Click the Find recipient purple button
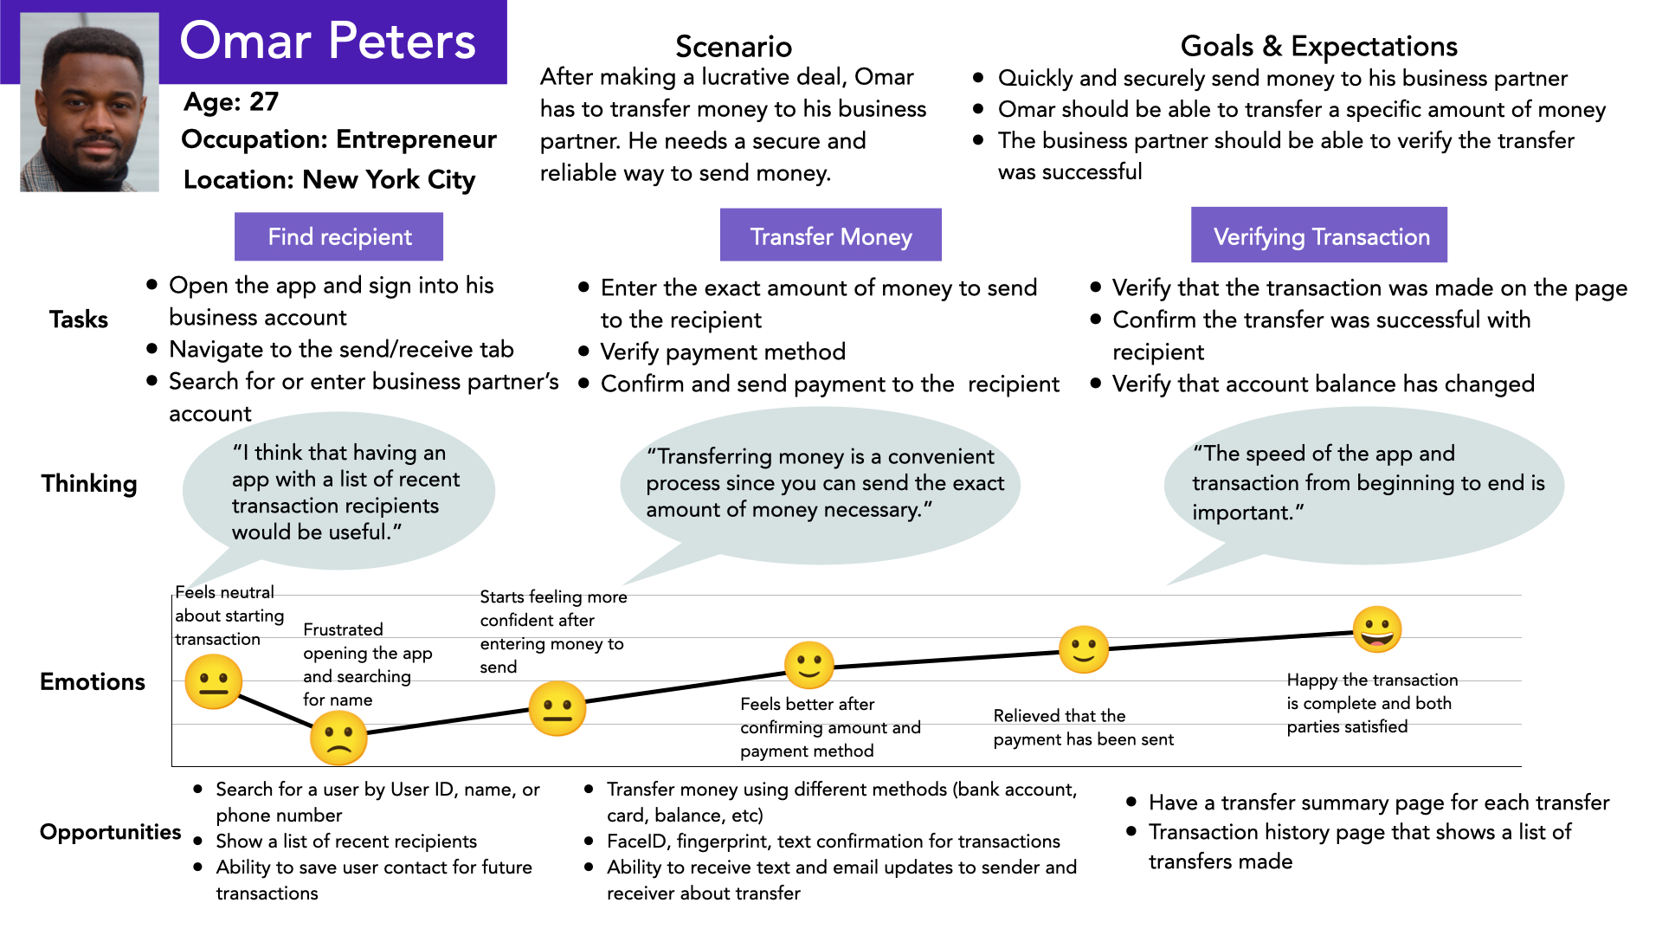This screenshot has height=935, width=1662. pyautogui.click(x=338, y=236)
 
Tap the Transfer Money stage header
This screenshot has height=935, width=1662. pyautogui.click(x=830, y=235)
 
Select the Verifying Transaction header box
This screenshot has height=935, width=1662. pyautogui.click(x=1318, y=235)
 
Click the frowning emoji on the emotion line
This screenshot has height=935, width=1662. pyautogui.click(x=338, y=738)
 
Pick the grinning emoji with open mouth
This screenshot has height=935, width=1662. pyautogui.click(x=1376, y=629)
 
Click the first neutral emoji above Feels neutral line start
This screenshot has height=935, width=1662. pyautogui.click(x=213, y=681)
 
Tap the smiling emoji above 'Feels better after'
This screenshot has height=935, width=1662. pyautogui.click(x=808, y=666)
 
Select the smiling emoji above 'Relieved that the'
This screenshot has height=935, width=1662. pyautogui.click(x=1083, y=649)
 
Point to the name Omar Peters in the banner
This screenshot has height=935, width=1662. pyautogui.click(x=327, y=41)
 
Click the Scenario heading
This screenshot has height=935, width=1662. pyautogui.click(x=733, y=46)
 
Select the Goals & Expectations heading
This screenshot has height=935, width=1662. pyautogui.click(x=1318, y=46)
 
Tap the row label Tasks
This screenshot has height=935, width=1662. pyautogui.click(x=79, y=319)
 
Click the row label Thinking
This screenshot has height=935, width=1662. pyautogui.click(x=89, y=483)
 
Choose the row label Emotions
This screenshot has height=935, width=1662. pyautogui.click(x=93, y=681)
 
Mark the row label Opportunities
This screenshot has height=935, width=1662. pyautogui.click(x=111, y=832)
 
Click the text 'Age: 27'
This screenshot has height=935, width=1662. pyautogui.click(x=231, y=102)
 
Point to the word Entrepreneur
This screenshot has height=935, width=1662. pyautogui.click(x=416, y=139)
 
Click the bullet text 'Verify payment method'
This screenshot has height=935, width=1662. pyautogui.click(x=723, y=351)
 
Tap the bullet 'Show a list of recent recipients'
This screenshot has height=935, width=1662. pyautogui.click(x=346, y=841)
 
